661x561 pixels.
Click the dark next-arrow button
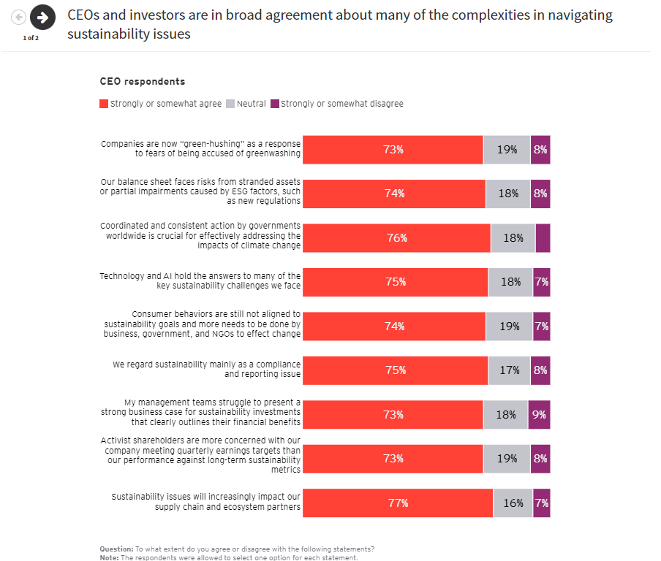pos(42,17)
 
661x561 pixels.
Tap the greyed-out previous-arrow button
pos(19,17)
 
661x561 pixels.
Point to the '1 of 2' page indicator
pos(31,38)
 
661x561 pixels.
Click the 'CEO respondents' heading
pos(142,82)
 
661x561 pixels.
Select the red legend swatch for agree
pos(104,104)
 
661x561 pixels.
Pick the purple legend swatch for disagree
pos(275,104)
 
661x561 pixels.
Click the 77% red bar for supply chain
pos(398,503)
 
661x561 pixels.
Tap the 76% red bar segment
pos(396,238)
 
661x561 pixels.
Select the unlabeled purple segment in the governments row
pos(543,238)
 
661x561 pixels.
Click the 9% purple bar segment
pos(539,415)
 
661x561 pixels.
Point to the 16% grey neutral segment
pos(513,503)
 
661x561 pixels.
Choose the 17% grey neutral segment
pos(510,370)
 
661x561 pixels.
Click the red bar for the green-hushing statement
pos(393,150)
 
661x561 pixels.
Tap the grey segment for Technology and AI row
pos(510,282)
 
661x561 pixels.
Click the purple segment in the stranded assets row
pos(540,194)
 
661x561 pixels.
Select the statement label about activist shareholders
pos(200,455)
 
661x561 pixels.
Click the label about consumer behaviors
pos(202,324)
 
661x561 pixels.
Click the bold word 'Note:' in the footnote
pos(110,557)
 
